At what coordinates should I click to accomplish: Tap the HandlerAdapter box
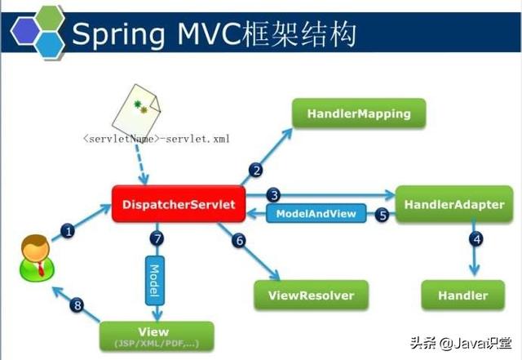pyautogui.click(x=454, y=204)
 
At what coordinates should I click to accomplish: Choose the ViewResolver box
pyautogui.click(x=311, y=294)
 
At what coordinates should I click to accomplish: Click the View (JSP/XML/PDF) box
pyautogui.click(x=156, y=336)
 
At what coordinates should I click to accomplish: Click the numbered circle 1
pyautogui.click(x=69, y=231)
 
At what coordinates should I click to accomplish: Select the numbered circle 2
pyautogui.click(x=256, y=170)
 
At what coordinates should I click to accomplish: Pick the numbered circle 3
pyautogui.click(x=275, y=195)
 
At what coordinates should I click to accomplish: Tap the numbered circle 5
pyautogui.click(x=382, y=216)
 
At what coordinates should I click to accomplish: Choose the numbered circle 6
pyautogui.click(x=238, y=240)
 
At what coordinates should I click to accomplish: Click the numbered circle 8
pyautogui.click(x=77, y=305)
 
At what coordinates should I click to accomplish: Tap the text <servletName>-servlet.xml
pyautogui.click(x=156, y=139)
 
